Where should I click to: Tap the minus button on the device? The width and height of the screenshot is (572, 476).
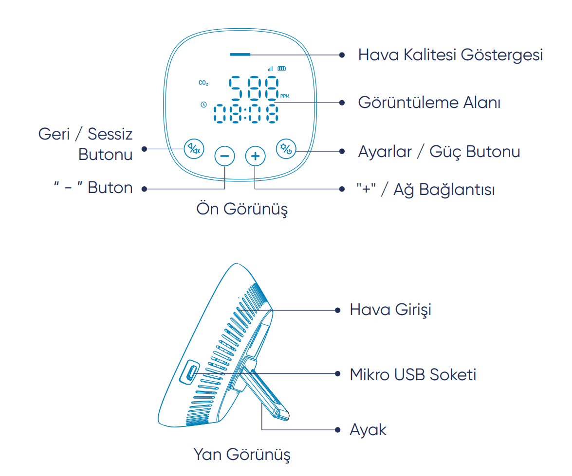tap(224, 156)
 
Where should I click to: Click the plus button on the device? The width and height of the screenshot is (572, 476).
tap(255, 156)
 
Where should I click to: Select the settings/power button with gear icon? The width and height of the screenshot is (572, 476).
tap(286, 149)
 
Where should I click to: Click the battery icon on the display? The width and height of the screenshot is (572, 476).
tap(282, 69)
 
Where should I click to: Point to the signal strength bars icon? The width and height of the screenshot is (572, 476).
tap(270, 69)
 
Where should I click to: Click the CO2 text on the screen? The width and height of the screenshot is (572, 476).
tap(203, 84)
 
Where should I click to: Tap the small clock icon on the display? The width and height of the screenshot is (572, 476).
tap(203, 105)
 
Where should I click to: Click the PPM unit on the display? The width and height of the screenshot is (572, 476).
tap(285, 96)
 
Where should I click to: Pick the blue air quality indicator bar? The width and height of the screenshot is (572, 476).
tap(240, 54)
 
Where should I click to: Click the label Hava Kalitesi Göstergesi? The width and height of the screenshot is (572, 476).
tap(450, 55)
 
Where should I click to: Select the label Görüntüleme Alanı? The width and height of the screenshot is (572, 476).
tap(429, 103)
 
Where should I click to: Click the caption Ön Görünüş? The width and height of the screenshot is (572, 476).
tap(242, 209)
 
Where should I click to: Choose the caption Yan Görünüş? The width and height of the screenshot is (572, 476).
tap(242, 455)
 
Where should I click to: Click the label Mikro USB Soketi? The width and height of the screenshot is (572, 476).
tap(413, 374)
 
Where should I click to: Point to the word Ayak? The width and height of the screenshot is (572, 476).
tap(368, 430)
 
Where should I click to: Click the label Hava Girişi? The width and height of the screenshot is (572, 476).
tap(390, 310)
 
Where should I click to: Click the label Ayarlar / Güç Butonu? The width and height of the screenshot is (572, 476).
tap(439, 152)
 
